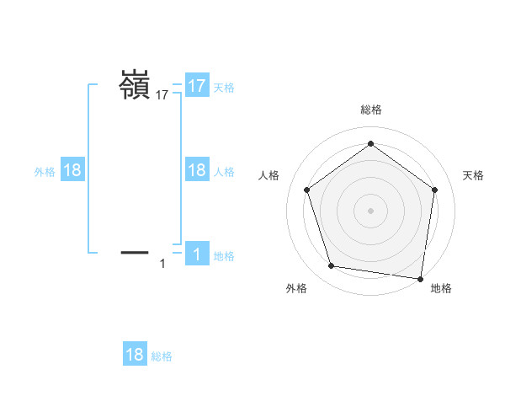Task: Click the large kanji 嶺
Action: click(x=134, y=85)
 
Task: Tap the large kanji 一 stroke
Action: click(x=135, y=252)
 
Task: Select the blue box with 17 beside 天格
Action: click(x=197, y=86)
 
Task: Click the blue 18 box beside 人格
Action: click(x=197, y=170)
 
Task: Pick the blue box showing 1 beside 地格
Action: click(x=197, y=254)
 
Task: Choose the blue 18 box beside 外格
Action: click(x=72, y=170)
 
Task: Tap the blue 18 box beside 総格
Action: click(x=135, y=355)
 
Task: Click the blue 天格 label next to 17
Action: click(x=224, y=87)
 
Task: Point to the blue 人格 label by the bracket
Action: click(x=224, y=171)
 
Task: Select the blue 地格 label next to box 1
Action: click(x=224, y=255)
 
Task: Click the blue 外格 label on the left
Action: click(x=45, y=171)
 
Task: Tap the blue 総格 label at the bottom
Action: click(x=162, y=356)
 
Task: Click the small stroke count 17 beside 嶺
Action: click(x=162, y=96)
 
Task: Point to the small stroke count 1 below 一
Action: click(x=162, y=265)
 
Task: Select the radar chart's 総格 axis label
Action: click(x=370, y=110)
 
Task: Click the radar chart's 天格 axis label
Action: click(x=473, y=175)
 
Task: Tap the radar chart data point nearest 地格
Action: click(x=420, y=278)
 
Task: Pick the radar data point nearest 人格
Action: click(x=306, y=190)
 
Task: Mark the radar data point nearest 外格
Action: click(x=332, y=266)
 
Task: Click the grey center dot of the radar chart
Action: click(x=370, y=210)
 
